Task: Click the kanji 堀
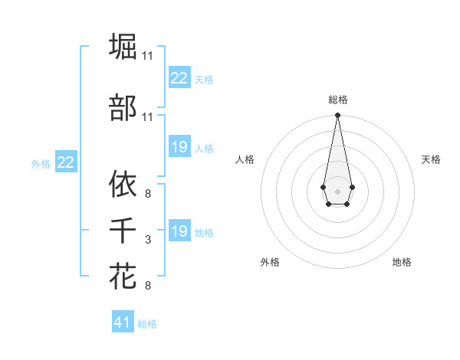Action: point(123,47)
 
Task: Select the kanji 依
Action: point(123,184)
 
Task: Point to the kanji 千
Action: point(123,231)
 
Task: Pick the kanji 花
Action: point(123,277)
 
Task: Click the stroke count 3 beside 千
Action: point(148,241)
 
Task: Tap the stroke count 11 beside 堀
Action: point(148,56)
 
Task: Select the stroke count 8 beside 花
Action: point(148,286)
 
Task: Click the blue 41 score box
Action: point(123,322)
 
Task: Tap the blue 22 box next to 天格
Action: point(179,78)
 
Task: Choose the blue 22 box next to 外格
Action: point(66,162)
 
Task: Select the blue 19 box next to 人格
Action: point(179,147)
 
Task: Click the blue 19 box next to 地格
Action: point(179,231)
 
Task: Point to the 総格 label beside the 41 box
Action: point(147,324)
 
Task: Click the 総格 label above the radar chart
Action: point(337,100)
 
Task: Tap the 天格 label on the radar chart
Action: point(431,159)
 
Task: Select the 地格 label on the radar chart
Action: point(402,263)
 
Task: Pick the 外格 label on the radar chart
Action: point(270,263)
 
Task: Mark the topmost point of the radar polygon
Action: point(337,116)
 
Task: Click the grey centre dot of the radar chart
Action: point(337,191)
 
